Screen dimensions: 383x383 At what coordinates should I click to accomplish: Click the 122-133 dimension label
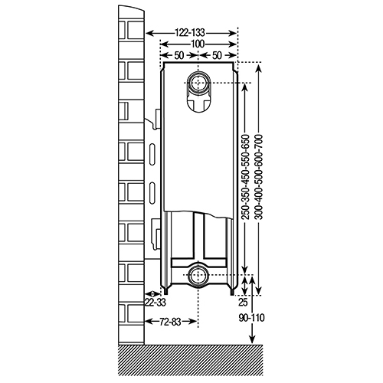coord(190,33)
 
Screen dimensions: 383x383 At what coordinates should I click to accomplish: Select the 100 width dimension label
coord(198,44)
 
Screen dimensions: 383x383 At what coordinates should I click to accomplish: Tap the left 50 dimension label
coord(178,55)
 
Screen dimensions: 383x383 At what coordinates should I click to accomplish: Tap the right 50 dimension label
coord(217,55)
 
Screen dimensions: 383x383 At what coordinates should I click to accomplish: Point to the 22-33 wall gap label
coord(155,303)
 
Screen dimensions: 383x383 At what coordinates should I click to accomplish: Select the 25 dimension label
coord(243,303)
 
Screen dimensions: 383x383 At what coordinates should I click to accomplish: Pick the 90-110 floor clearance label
coord(251,318)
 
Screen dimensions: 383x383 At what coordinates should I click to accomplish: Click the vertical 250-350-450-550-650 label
coord(245,177)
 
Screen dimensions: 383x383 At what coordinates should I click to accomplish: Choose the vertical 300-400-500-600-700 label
coord(259,177)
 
